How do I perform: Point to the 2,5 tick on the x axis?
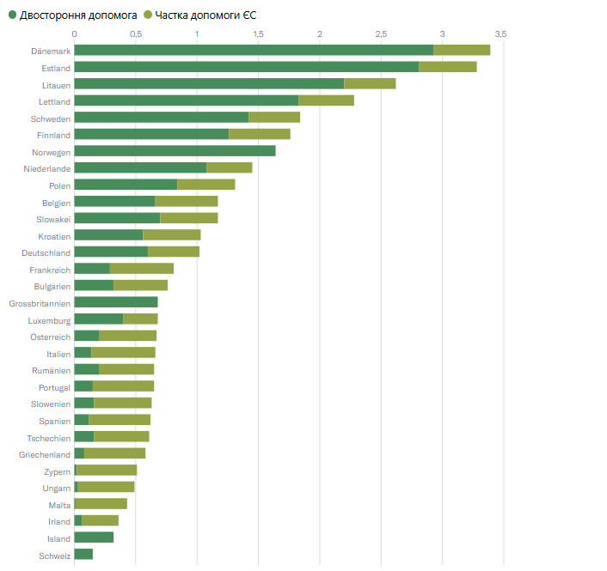pyautogui.click(x=381, y=33)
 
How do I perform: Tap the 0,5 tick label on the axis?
pyautogui.click(x=136, y=33)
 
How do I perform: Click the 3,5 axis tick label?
pyautogui.click(x=501, y=33)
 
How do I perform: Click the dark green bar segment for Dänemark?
pyautogui.click(x=254, y=50)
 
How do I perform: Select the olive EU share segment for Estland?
pyautogui.click(x=447, y=67)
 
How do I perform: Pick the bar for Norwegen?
pyautogui.click(x=175, y=151)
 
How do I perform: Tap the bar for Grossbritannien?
pyautogui.click(x=116, y=301)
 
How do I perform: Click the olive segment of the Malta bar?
pyautogui.click(x=101, y=504)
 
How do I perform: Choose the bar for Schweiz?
pyautogui.click(x=83, y=554)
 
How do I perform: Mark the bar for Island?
pyautogui.click(x=94, y=538)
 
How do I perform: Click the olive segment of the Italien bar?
pyautogui.click(x=123, y=353)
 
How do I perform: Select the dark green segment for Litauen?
pyautogui.click(x=209, y=83)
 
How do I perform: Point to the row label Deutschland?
pyautogui.click(x=46, y=252)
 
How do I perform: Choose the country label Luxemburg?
pyautogui.click(x=49, y=320)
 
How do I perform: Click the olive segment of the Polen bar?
pyautogui.click(x=205, y=185)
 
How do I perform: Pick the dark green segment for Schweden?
pyautogui.click(x=162, y=117)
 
